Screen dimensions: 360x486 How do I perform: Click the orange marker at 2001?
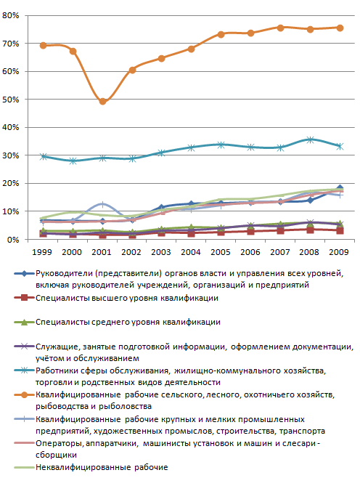(x=103, y=102)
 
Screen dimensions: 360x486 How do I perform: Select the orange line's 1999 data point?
(x=43, y=45)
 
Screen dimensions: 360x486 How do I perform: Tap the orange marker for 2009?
(x=340, y=28)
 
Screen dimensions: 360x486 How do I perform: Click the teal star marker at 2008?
(x=310, y=139)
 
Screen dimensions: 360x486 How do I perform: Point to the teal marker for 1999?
(x=43, y=156)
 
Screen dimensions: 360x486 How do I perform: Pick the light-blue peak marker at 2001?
(x=103, y=204)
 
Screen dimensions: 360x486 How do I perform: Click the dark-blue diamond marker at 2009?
(x=340, y=188)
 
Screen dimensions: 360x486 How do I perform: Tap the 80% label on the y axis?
(x=11, y=15)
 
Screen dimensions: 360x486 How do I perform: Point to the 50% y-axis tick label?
(x=11, y=100)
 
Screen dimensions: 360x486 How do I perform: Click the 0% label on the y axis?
(x=13, y=240)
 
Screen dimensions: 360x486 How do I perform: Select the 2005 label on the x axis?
(x=221, y=252)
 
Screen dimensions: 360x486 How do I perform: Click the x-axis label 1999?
(x=42, y=252)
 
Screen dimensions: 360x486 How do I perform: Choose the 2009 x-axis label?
(x=339, y=252)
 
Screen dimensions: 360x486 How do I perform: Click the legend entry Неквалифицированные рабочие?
(x=102, y=467)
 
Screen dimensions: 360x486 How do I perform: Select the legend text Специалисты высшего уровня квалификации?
(x=127, y=298)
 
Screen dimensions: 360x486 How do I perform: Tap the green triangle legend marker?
(x=24, y=323)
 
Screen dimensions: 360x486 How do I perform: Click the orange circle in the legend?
(x=24, y=395)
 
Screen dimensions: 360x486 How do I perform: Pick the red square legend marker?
(x=24, y=298)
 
